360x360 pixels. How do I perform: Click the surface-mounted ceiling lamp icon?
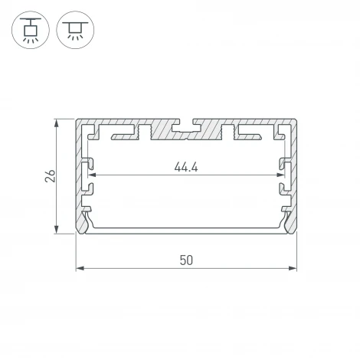tap(74, 29)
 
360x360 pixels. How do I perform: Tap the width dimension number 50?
tap(185, 259)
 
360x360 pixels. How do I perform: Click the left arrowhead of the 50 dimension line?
tap(80, 267)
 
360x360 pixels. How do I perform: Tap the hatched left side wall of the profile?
tap(79, 176)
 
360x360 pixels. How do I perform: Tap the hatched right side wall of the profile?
tap(293, 176)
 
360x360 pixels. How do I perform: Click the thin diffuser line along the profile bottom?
tap(185, 229)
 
